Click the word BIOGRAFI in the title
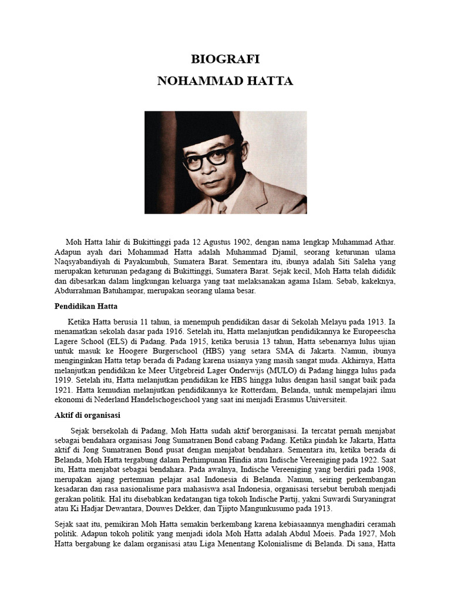coord(225,59)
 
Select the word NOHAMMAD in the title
coord(195,81)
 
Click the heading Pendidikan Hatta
coord(87,306)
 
